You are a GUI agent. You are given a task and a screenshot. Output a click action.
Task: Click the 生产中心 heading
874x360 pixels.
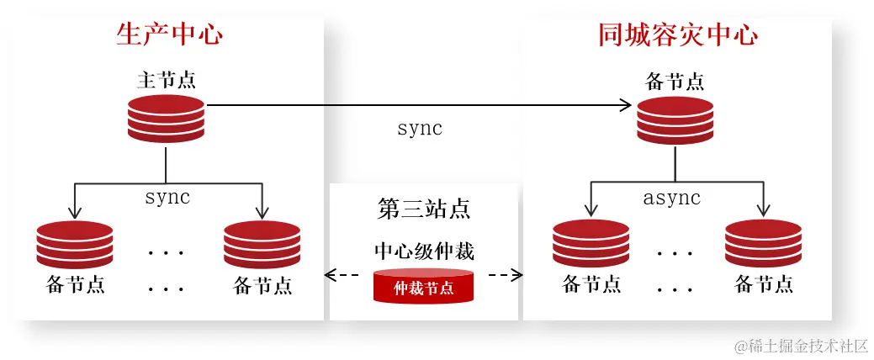click(170, 34)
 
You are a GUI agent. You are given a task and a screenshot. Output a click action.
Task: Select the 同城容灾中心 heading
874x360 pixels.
click(677, 34)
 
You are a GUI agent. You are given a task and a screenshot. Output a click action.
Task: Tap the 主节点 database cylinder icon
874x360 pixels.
click(167, 119)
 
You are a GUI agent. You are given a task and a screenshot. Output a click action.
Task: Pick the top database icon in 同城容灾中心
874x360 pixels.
click(675, 120)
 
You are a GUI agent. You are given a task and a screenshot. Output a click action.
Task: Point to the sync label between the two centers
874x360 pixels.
click(419, 129)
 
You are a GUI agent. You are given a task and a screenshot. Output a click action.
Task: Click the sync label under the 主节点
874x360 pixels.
click(167, 198)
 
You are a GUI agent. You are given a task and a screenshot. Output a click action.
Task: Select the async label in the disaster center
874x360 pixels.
click(671, 198)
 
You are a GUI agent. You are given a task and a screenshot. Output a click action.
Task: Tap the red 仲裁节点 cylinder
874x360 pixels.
click(423, 287)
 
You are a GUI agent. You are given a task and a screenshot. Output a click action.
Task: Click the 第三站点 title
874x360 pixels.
click(423, 209)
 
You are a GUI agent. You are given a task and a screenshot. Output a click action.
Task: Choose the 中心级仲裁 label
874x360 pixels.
click(424, 251)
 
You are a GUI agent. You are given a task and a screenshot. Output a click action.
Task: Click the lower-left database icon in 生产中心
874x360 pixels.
click(75, 245)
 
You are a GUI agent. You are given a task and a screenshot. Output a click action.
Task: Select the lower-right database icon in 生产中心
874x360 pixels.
click(262, 245)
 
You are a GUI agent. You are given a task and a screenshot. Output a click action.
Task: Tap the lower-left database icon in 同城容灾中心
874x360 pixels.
click(591, 243)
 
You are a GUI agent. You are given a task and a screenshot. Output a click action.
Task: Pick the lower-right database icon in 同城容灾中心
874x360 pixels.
click(763, 243)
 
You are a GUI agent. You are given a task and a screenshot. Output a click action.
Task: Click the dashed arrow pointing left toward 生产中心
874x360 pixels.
click(342, 275)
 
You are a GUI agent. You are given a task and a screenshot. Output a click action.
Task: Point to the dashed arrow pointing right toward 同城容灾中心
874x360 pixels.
click(505, 275)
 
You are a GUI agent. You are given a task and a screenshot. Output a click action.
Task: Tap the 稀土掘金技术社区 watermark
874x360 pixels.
click(800, 346)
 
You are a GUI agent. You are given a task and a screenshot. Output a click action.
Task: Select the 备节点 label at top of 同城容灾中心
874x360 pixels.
click(675, 82)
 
